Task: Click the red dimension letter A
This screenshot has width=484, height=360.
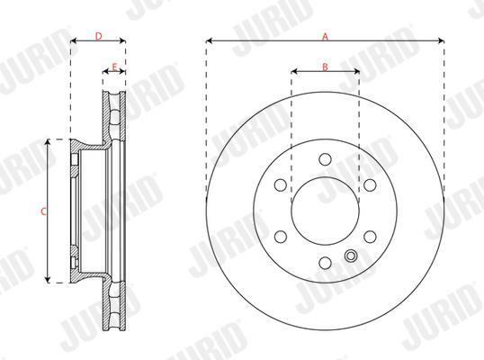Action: pos(325,37)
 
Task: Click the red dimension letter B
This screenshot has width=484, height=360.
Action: pos(325,67)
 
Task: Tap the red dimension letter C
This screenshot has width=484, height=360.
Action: pos(43,211)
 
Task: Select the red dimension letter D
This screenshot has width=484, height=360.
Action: pos(98,36)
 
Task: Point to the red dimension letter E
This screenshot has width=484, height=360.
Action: pos(114,67)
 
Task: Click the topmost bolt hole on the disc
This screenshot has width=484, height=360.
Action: pos(325,159)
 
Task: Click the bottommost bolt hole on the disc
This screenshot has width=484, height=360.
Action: pos(325,263)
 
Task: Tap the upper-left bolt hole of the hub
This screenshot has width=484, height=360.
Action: pos(281,185)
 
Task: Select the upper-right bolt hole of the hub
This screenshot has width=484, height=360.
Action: pos(370,185)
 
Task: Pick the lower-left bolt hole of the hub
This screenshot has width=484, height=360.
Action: pos(281,237)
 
